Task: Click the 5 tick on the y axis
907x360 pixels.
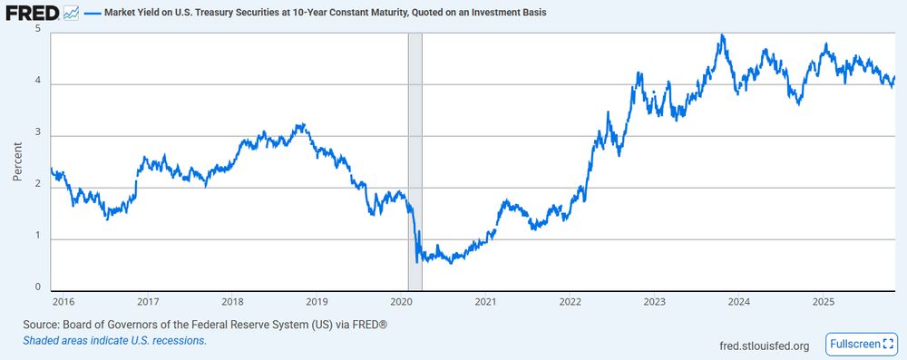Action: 38,29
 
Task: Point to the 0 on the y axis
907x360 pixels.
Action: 38,287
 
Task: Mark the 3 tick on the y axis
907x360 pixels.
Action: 38,133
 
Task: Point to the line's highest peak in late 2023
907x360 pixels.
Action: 721,35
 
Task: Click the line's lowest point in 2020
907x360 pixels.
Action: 416,262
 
